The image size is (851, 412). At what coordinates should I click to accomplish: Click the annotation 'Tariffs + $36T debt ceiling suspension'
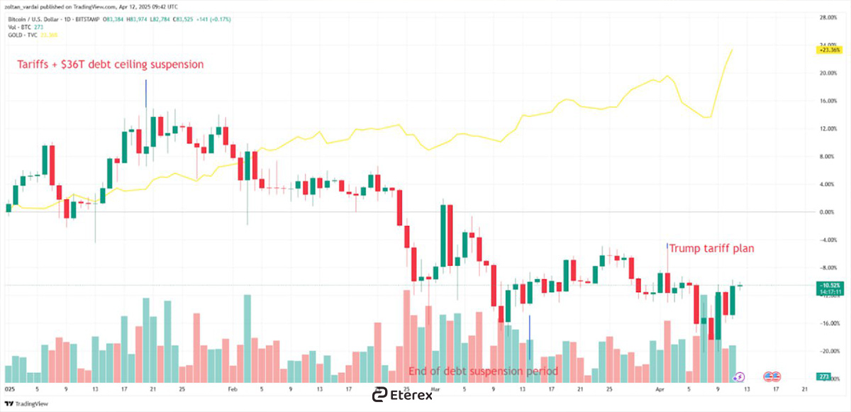point(110,65)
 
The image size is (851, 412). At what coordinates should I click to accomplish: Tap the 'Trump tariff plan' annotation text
point(711,249)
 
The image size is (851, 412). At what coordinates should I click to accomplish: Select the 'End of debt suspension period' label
point(484,372)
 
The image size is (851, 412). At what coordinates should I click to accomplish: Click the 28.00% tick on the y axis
point(829,17)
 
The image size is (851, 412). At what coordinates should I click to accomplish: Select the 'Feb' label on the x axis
point(233,389)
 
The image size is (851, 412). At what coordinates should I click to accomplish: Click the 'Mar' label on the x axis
point(436,389)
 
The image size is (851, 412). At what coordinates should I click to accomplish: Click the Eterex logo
point(401,395)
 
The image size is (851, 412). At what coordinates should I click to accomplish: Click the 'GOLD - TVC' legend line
point(28,34)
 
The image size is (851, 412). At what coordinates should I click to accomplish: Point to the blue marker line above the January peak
point(145,93)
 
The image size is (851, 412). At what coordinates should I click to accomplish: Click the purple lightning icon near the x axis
point(740,377)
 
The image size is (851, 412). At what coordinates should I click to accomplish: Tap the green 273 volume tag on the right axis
point(823,377)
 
